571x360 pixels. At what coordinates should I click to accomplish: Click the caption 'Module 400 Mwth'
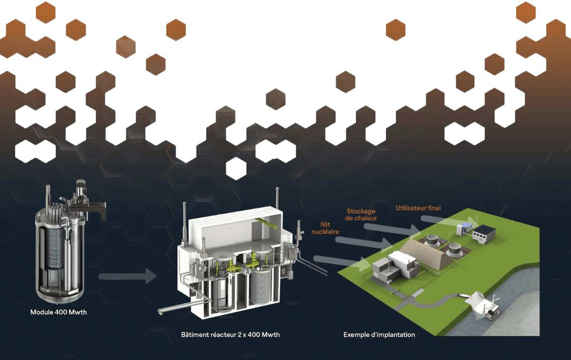tap(59, 312)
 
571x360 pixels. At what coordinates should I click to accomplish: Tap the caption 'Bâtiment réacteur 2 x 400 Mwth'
tap(230, 334)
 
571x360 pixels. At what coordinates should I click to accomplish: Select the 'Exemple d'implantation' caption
tap(379, 334)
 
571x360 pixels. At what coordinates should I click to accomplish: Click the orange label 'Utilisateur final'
tap(418, 208)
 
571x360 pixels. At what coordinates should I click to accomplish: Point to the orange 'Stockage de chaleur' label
tap(362, 214)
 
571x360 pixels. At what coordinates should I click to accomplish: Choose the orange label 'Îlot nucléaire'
tap(322, 227)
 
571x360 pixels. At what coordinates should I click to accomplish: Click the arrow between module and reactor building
tap(128, 276)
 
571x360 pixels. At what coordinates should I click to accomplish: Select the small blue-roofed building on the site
tap(463, 228)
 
